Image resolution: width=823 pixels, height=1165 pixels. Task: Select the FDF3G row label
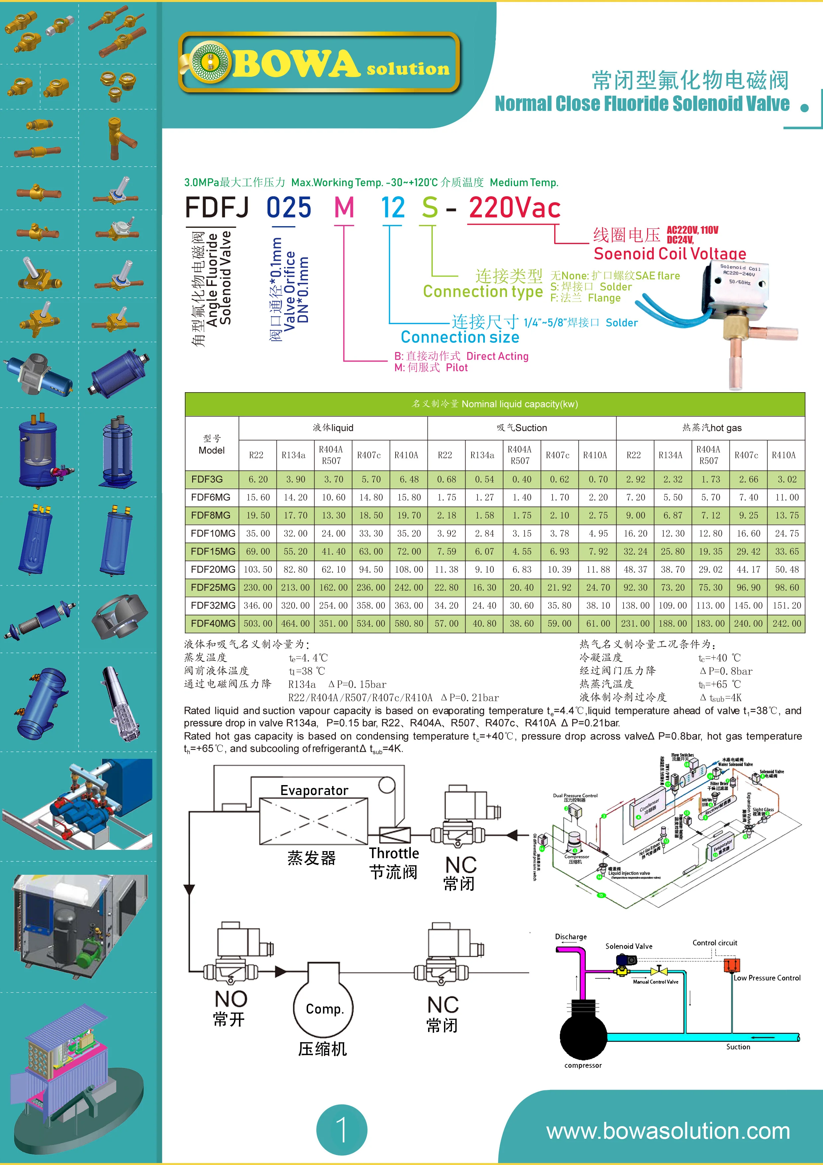pyautogui.click(x=207, y=479)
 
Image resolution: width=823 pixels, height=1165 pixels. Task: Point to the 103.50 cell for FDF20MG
pyautogui.click(x=258, y=569)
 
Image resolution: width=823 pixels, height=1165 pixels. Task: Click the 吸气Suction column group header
pyautogui.click(x=522, y=428)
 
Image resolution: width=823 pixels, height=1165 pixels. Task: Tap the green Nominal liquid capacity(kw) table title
pyautogui.click(x=494, y=404)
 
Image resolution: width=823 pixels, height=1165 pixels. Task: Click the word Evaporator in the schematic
pyautogui.click(x=314, y=790)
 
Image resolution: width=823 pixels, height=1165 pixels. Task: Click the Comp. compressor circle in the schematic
pyautogui.click(x=324, y=1009)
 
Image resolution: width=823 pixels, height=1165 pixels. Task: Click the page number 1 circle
pyautogui.click(x=342, y=1129)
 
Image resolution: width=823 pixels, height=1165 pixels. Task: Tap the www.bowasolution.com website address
pyautogui.click(x=668, y=1131)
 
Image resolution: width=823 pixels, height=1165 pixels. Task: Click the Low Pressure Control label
pyautogui.click(x=767, y=978)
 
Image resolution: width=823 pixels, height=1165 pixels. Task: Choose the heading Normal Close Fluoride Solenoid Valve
pyautogui.click(x=642, y=104)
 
